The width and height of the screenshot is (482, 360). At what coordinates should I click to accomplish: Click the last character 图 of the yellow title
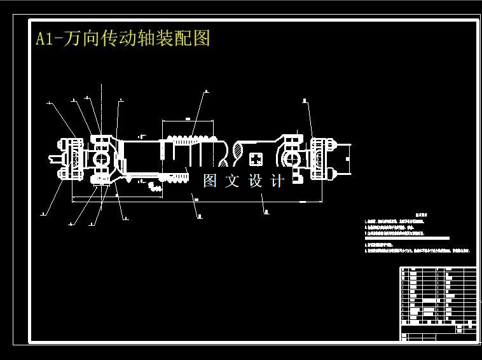202,39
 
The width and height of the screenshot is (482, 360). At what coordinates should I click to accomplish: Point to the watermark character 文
233,181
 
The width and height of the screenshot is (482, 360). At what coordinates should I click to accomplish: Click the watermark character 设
256,181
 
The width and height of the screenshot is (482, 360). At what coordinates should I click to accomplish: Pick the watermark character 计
278,181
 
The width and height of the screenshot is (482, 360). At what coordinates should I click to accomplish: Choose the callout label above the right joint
305,100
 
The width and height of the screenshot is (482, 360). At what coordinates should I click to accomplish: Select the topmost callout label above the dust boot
206,92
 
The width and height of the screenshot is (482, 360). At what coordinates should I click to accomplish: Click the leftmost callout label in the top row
48,101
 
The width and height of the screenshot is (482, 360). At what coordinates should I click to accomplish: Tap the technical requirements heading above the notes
419,215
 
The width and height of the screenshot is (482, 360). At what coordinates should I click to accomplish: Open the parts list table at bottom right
438,304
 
